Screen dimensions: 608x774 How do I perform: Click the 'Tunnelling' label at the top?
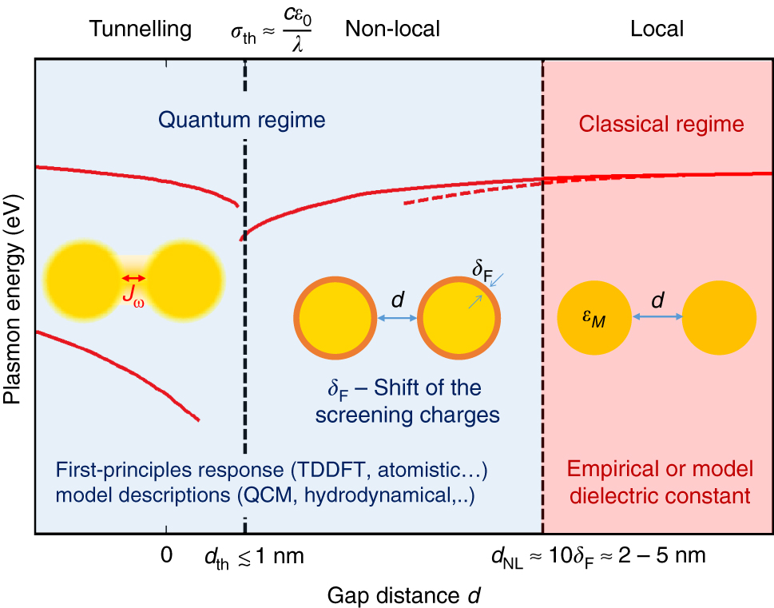141,30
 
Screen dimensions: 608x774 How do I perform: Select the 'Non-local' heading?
392,30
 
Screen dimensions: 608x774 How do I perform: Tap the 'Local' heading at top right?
657,30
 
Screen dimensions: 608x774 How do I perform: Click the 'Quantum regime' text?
241,121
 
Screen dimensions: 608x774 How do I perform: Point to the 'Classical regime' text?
661,125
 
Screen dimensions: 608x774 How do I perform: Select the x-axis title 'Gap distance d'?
403,594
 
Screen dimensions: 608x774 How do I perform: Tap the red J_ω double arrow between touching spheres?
133,278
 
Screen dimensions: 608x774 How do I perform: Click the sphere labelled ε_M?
595,316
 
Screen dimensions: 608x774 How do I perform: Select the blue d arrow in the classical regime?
657,316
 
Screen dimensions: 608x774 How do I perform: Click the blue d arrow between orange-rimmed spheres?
397,318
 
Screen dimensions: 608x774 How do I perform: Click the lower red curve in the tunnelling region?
120,374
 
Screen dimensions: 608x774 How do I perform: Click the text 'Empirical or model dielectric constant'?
658,483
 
